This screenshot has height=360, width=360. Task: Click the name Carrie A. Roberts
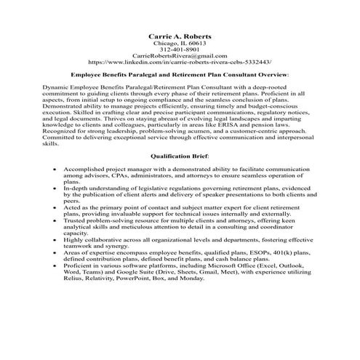coord(180,35)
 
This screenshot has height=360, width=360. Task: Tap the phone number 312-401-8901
coord(180,49)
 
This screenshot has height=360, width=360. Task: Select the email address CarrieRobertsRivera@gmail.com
coord(180,56)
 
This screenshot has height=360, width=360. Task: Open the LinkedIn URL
coord(180,63)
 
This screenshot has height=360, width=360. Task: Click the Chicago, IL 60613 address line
coord(180,43)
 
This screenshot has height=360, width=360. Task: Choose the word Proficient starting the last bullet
coord(81,284)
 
